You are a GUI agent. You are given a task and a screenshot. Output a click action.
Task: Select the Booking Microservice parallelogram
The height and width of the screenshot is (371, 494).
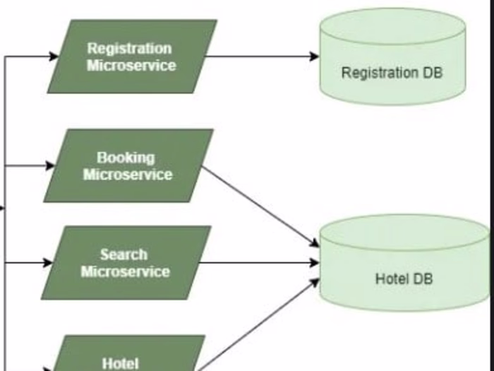click(x=128, y=166)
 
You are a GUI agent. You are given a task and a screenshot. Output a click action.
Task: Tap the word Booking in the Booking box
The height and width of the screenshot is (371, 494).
click(x=126, y=158)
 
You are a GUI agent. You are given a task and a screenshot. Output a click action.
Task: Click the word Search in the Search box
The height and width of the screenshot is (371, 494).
click(x=123, y=254)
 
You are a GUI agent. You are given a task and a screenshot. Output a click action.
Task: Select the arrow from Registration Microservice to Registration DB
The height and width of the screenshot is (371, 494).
click(x=261, y=57)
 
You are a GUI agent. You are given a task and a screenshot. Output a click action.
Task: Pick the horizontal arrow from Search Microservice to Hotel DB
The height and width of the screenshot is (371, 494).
click(x=261, y=263)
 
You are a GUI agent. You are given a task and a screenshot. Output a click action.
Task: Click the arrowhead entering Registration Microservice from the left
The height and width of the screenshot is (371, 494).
click(x=54, y=57)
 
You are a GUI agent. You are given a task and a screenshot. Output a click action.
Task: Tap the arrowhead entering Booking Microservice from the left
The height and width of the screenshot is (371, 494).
click(x=49, y=166)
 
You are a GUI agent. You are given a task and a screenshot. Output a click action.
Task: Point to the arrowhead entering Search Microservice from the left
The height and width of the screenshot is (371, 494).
click(x=47, y=263)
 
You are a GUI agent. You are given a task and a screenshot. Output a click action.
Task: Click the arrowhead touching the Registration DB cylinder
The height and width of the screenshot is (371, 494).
click(x=314, y=57)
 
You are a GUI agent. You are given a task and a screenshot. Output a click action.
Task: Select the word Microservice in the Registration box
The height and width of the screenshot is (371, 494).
click(x=131, y=65)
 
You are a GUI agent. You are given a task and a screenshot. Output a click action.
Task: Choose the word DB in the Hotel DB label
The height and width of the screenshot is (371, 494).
click(x=423, y=278)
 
